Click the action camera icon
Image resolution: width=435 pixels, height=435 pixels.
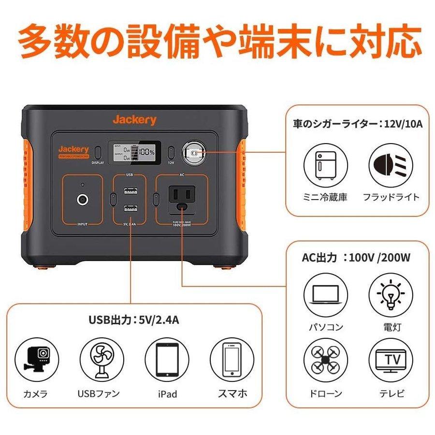[35, 359]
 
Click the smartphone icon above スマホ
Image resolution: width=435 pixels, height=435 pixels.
[231, 359]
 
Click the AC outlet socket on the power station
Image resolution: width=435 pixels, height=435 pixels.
[182, 197]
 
